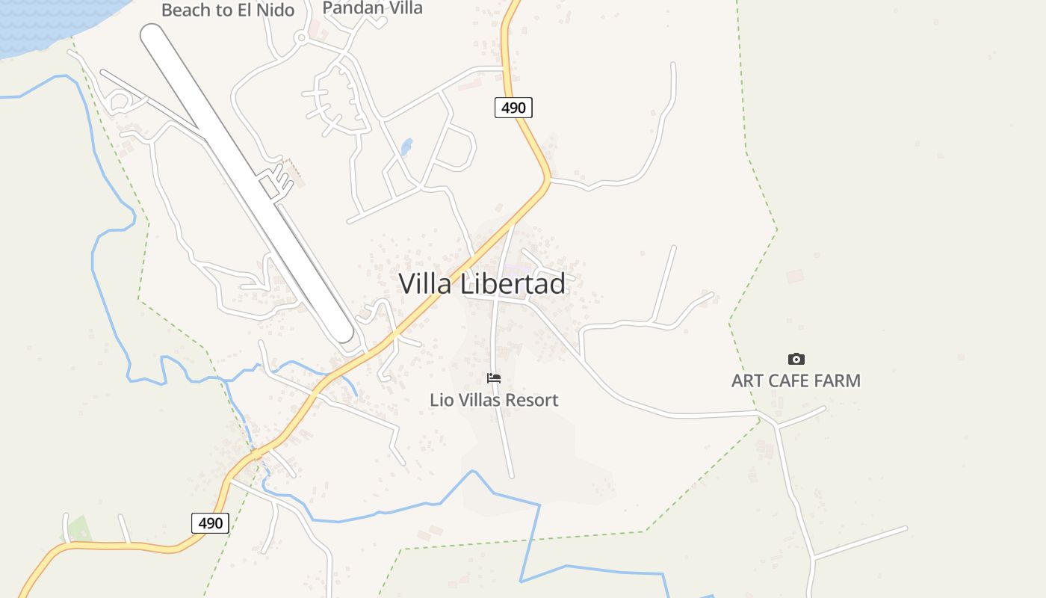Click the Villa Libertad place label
tap(482, 284)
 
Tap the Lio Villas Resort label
tap(494, 400)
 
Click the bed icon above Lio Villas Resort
tap(494, 378)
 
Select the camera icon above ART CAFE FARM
tap(796, 360)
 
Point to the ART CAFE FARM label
tap(796, 380)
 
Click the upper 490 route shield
tap(513, 108)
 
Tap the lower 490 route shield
tap(210, 523)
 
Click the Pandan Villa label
tap(372, 8)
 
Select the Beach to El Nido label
tap(228, 10)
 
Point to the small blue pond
tap(406, 147)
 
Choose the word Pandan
tap(349, 8)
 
